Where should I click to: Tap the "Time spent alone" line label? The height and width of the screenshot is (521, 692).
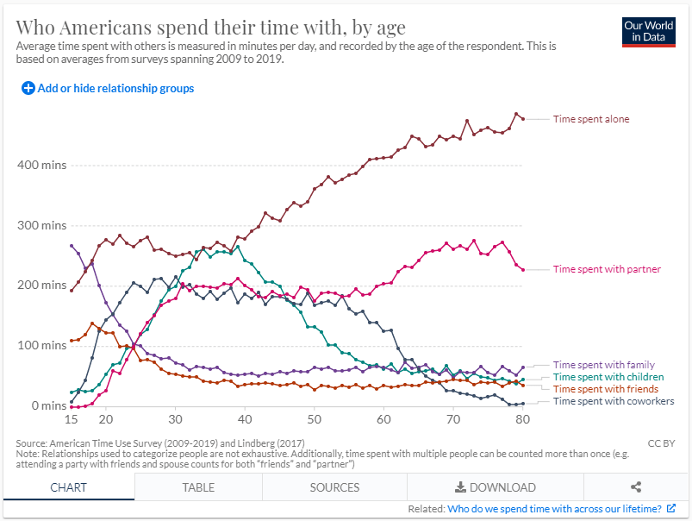pyautogui.click(x=590, y=118)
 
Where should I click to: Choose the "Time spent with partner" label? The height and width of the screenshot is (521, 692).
pyautogui.click(x=607, y=269)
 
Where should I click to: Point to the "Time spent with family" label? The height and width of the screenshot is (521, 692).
pyautogui.click(x=603, y=365)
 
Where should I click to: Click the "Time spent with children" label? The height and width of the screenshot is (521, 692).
pyautogui.click(x=608, y=377)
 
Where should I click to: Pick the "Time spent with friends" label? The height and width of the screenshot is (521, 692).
pyautogui.click(x=605, y=389)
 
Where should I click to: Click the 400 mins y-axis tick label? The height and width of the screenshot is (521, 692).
pyautogui.click(x=41, y=165)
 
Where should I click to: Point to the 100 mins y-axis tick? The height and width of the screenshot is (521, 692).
pyautogui.click(x=41, y=345)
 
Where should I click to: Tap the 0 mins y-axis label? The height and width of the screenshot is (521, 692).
pyautogui.click(x=47, y=405)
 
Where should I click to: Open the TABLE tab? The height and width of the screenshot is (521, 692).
pyautogui.click(x=198, y=487)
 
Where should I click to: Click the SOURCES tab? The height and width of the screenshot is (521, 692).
pyautogui.click(x=334, y=487)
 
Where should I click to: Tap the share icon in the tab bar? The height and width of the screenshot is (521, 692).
pyautogui.click(x=636, y=487)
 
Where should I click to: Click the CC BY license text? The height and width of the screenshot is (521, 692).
pyautogui.click(x=661, y=443)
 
